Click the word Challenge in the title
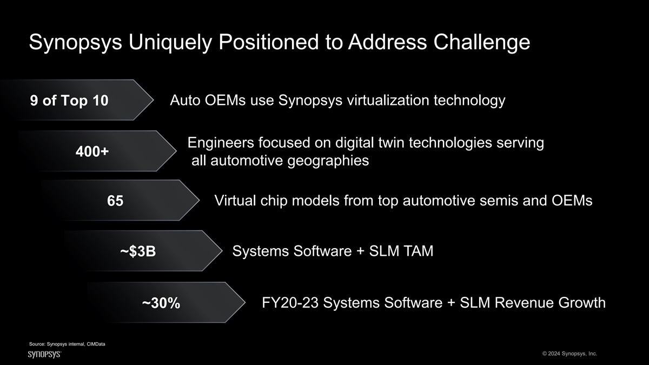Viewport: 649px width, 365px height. tap(481, 43)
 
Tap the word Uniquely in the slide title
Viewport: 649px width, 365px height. tap(170, 43)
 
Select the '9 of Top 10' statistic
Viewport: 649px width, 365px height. tap(69, 101)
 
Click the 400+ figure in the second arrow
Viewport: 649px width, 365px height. tap(92, 151)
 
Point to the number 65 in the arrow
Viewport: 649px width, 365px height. tap(115, 201)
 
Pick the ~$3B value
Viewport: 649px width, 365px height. tap(138, 251)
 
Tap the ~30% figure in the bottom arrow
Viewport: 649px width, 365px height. tap(161, 303)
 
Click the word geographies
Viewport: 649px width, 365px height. tap(328, 161)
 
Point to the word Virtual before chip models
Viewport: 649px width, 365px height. tap(235, 201)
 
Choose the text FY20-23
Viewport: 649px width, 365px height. tap(290, 303)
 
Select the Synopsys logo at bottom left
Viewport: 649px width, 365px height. tap(44, 354)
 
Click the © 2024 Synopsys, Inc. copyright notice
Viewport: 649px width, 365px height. tap(569, 354)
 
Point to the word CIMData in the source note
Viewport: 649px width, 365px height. tap(96, 344)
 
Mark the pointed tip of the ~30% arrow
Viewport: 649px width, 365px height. tap(245, 302)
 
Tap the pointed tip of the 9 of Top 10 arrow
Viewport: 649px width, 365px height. tap(153, 100)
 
